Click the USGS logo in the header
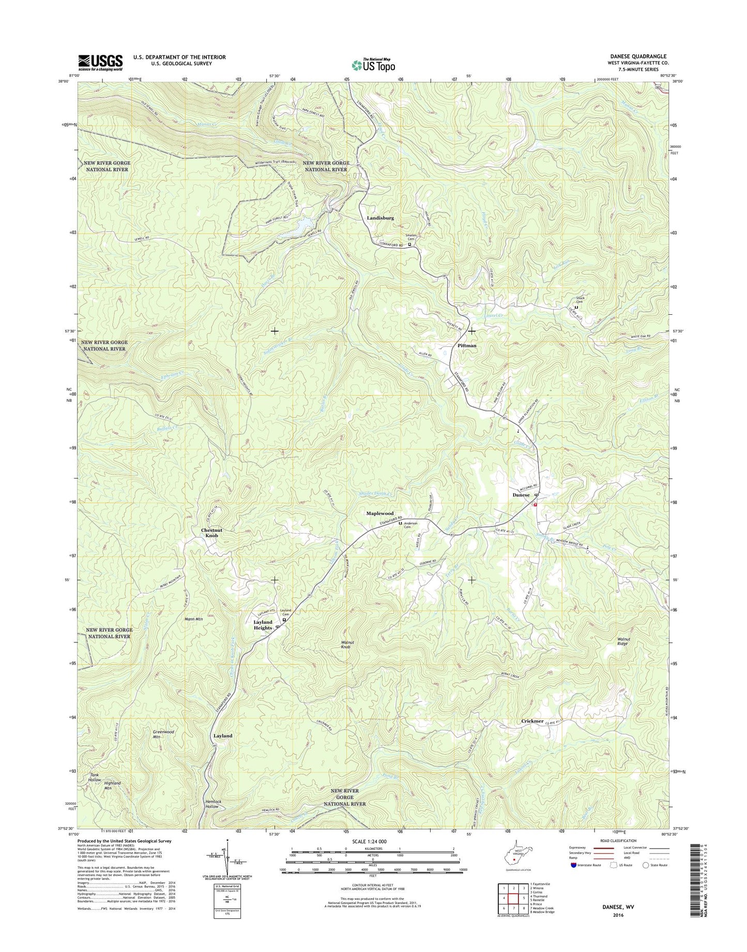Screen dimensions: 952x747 (100, 62)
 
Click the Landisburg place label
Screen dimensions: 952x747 (380, 218)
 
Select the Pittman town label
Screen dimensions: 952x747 (467, 345)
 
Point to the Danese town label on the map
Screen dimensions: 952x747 (521, 495)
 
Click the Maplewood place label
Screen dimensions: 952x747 (380, 513)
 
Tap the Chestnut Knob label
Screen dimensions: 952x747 (211, 533)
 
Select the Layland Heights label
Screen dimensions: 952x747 (263, 625)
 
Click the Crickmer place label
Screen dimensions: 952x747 (532, 721)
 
